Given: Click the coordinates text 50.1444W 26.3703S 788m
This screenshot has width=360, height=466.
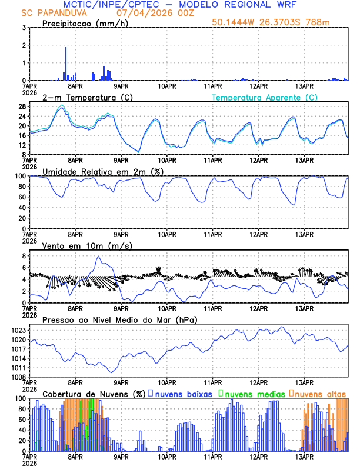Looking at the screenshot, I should (278, 23).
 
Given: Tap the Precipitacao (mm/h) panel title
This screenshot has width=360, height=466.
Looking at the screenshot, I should (82, 24).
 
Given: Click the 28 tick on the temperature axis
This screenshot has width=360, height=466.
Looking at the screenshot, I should (22, 106).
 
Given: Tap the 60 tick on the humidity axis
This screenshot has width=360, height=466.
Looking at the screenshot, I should (22, 197).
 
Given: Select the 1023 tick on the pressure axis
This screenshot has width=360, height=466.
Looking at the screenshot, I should (18, 331).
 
